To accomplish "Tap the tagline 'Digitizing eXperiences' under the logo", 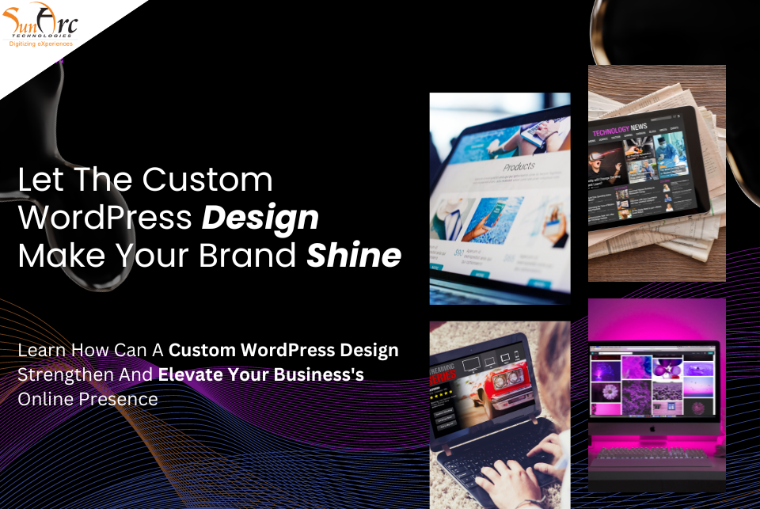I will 40,44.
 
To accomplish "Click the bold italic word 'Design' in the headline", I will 260,217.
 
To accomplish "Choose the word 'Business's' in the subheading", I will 319,374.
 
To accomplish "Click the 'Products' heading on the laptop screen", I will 519,167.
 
